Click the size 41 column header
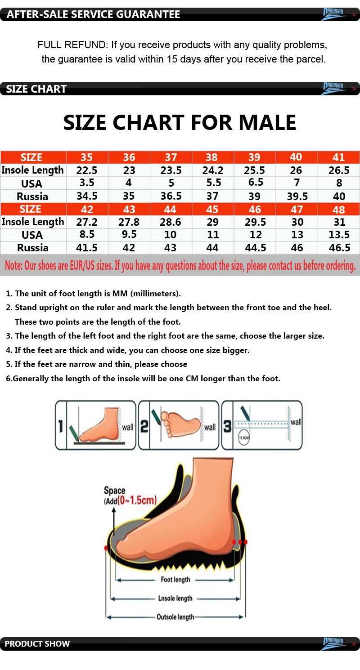click(338, 157)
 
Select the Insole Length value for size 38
click(212, 170)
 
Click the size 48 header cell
click(338, 210)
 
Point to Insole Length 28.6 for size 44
click(171, 222)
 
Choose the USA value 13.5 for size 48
click(339, 235)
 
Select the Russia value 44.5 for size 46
click(255, 248)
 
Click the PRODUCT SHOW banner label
click(37, 643)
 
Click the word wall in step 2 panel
click(210, 427)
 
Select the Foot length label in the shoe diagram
click(175, 580)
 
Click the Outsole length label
click(175, 617)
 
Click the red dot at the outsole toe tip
click(106, 548)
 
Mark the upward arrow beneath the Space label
click(114, 517)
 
